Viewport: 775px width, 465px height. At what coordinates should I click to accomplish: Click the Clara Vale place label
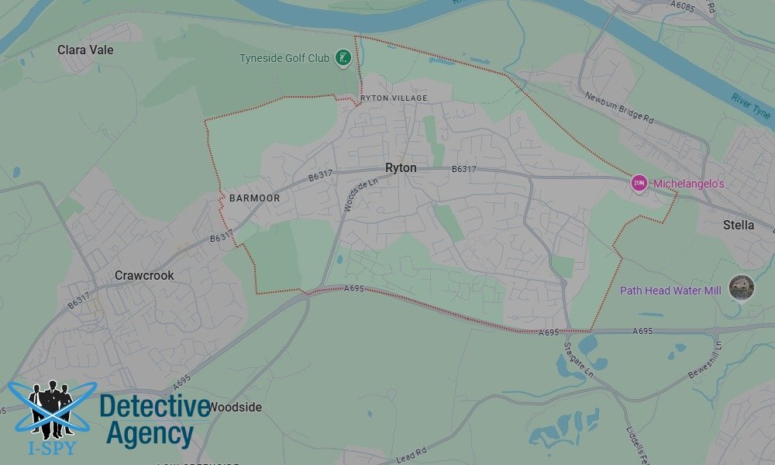[85, 50]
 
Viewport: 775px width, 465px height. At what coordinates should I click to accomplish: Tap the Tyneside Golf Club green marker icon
[343, 57]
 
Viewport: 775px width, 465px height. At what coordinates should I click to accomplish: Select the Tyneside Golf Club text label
[284, 58]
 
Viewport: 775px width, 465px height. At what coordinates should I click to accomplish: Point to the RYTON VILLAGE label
[394, 98]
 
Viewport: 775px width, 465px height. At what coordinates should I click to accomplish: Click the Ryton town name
[401, 167]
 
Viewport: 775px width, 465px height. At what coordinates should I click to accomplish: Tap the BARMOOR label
[254, 198]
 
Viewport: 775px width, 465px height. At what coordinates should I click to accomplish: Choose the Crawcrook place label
[144, 275]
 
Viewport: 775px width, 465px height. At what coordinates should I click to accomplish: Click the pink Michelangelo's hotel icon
[639, 183]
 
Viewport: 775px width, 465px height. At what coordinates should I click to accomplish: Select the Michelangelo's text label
[688, 184]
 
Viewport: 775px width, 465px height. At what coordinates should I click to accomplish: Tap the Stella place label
[738, 225]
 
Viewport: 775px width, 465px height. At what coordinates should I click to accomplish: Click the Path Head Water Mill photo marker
[742, 288]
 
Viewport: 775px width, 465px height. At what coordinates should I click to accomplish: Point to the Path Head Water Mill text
[670, 291]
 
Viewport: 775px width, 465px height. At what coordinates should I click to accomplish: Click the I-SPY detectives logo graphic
[51, 411]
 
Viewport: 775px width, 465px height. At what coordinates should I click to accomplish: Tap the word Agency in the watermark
[150, 433]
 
